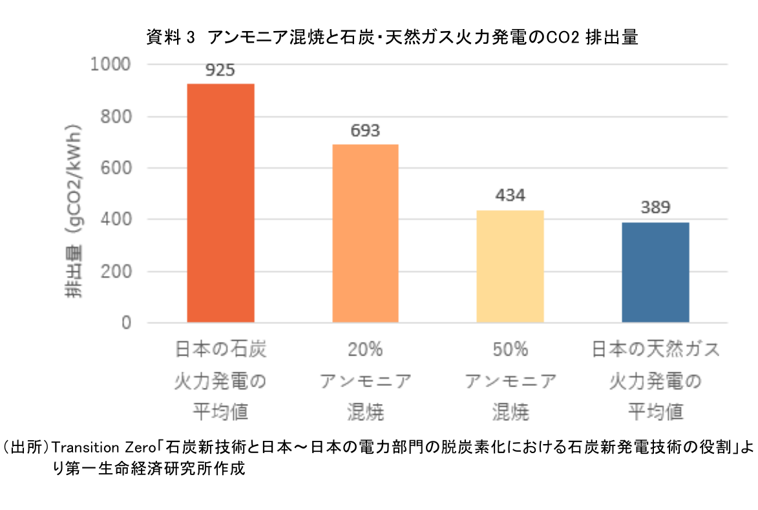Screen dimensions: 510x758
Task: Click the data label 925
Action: pos(220,70)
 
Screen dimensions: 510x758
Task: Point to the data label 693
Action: pos(365,131)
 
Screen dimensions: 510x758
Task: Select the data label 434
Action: pos(510,196)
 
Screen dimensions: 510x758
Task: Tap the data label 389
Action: pos(655,207)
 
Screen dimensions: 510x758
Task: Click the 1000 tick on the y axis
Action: pos(112,65)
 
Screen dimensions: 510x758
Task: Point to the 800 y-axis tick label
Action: pos(116,116)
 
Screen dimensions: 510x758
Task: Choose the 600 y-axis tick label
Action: pos(116,168)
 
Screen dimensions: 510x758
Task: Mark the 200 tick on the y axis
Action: pos(116,271)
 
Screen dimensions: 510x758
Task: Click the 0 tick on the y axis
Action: pos(127,323)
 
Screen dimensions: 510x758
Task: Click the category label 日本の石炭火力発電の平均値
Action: pos(220,381)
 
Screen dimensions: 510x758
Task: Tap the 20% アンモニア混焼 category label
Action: pos(365,381)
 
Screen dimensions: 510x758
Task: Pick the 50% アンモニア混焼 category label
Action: pos(510,381)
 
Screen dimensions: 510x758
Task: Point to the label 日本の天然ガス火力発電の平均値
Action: pos(655,381)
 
